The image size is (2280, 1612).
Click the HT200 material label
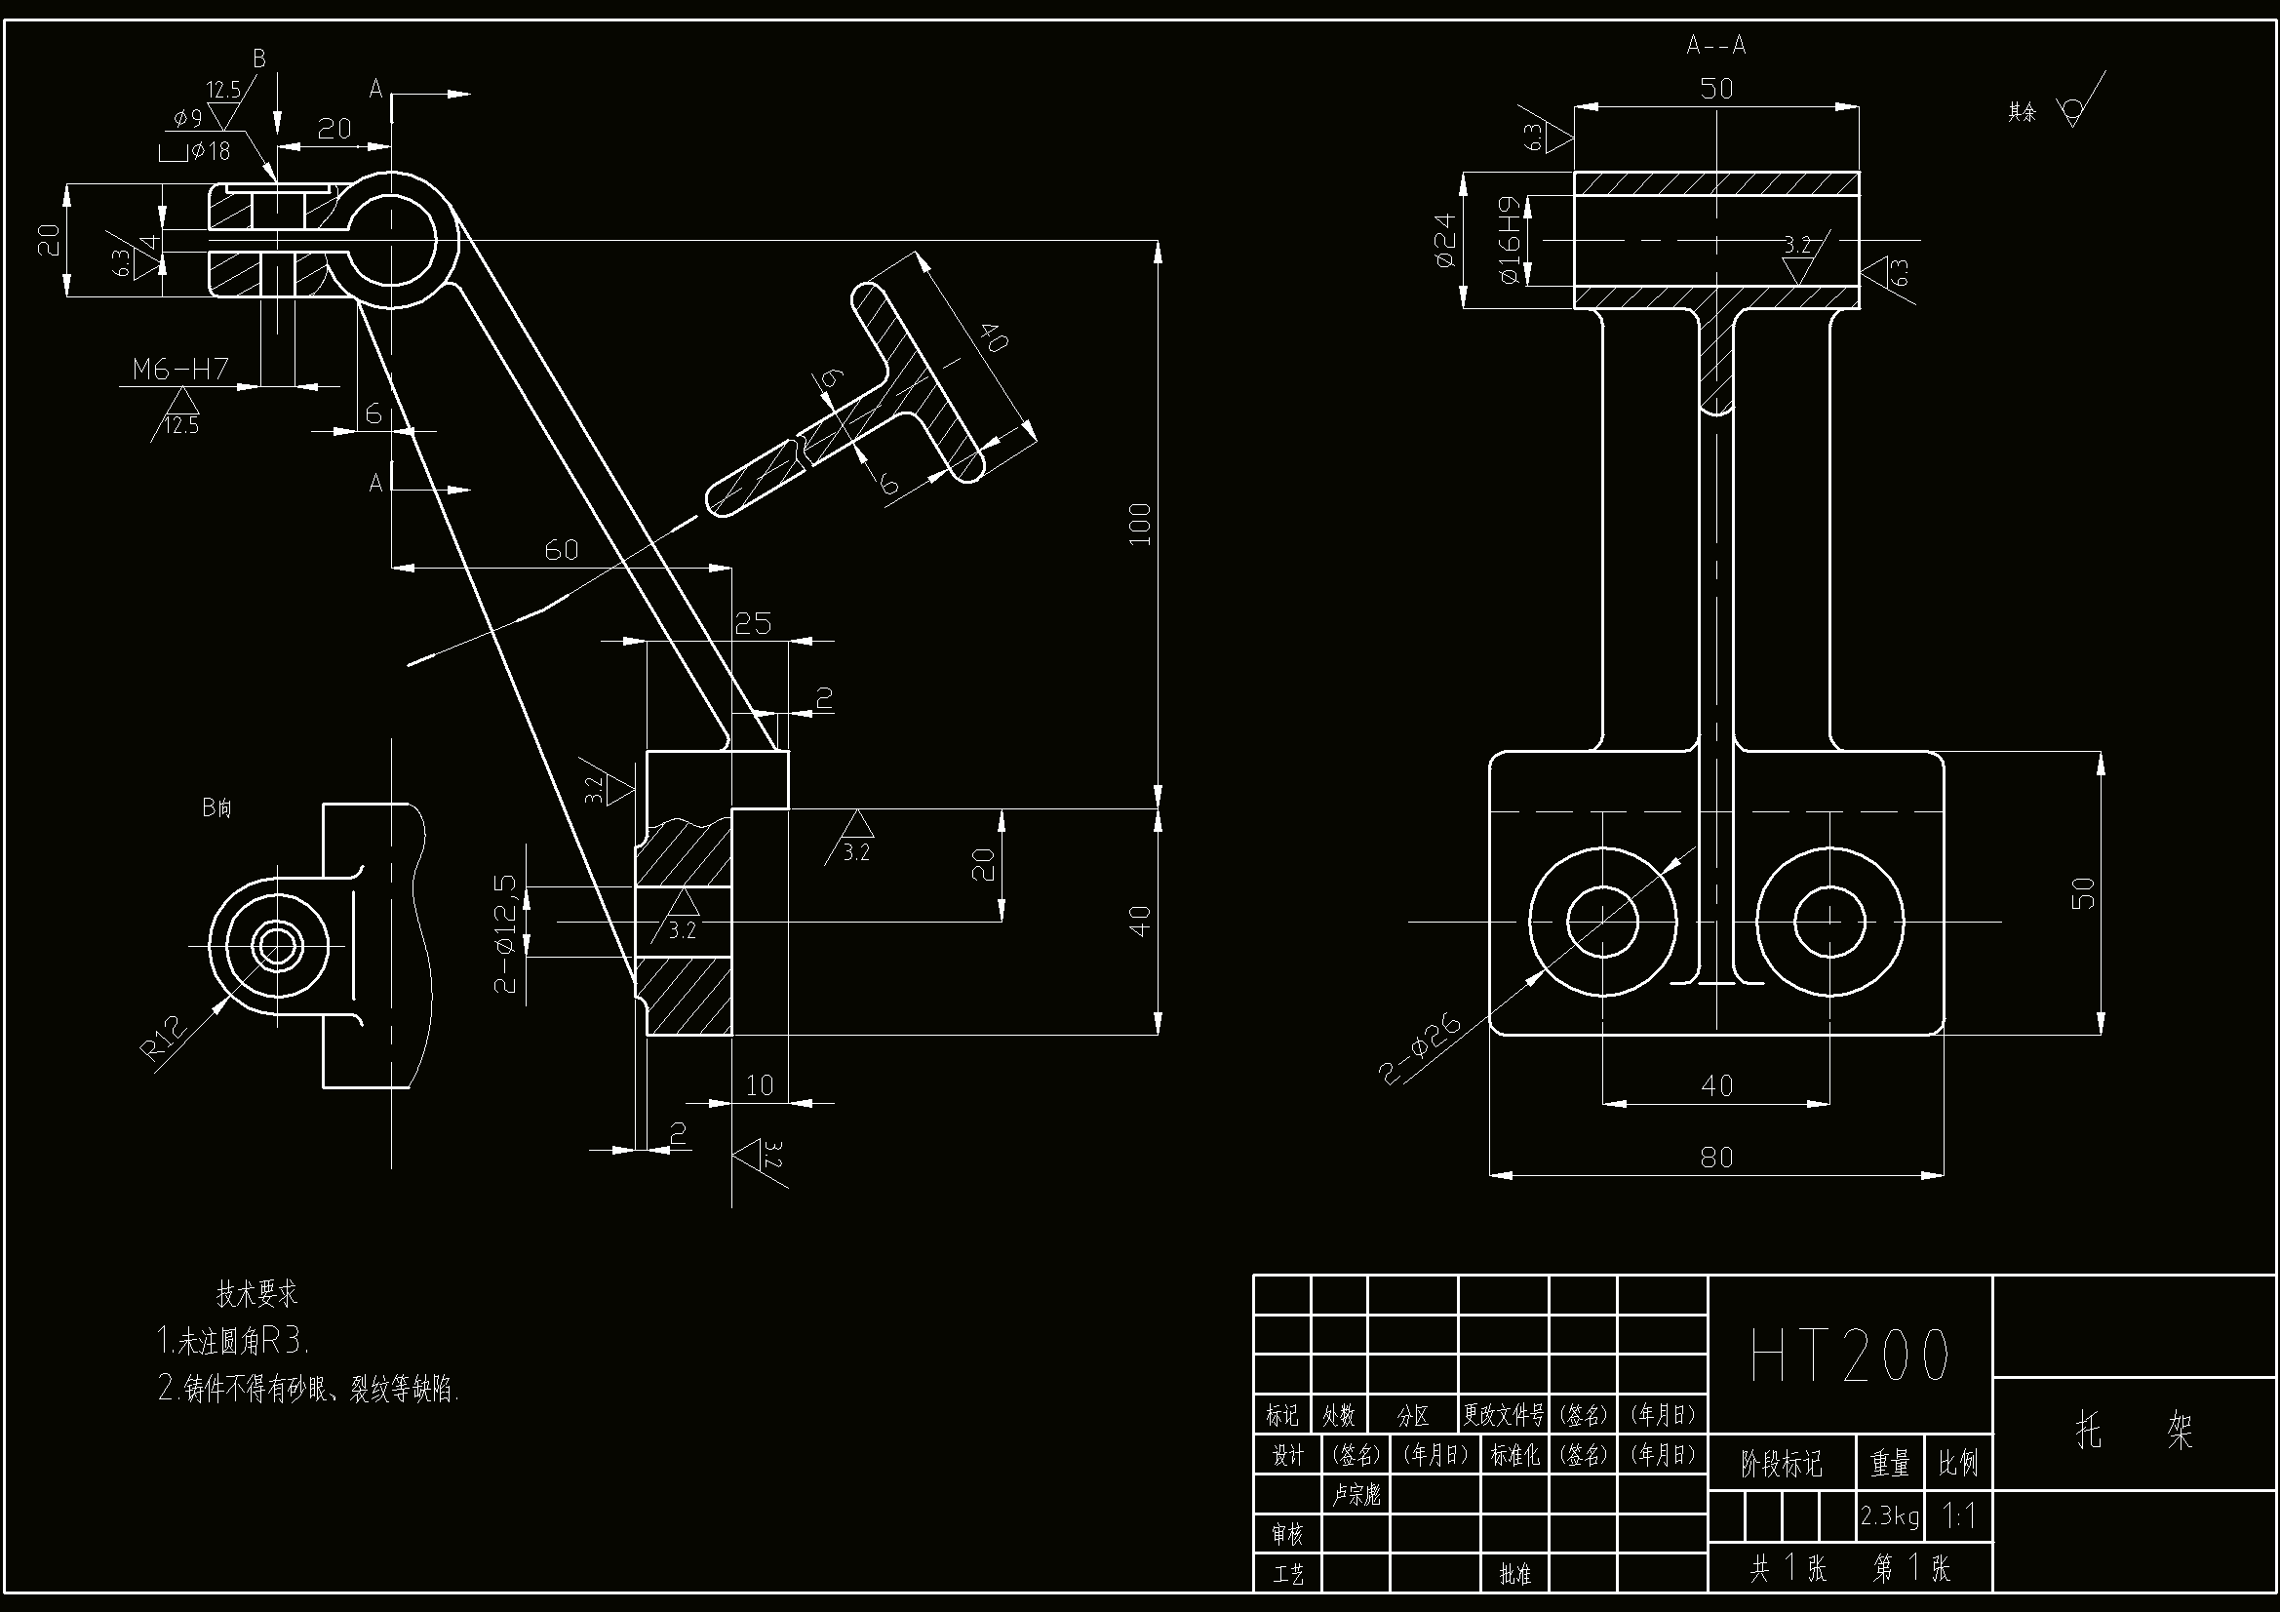[1849, 1356]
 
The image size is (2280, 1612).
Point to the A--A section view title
[1716, 46]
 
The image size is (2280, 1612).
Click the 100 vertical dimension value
[1140, 525]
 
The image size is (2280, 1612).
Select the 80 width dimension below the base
[1716, 1158]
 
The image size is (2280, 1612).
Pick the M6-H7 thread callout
[180, 370]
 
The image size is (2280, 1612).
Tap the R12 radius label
[166, 1038]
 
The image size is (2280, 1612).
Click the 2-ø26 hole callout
[1421, 1049]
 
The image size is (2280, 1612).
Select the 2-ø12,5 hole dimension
[505, 932]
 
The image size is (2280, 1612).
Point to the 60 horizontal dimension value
[561, 550]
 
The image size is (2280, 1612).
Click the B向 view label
[216, 807]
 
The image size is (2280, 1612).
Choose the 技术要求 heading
[257, 1293]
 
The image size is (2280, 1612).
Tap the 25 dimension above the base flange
[753, 624]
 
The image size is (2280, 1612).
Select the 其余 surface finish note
[2022, 112]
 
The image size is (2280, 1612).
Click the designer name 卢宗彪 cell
[1356, 1495]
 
